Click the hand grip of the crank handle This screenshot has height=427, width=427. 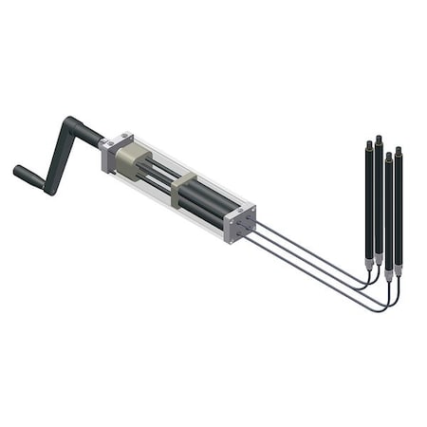28,175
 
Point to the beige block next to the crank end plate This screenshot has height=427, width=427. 135,162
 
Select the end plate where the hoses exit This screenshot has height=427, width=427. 240,222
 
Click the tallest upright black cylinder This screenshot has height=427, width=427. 378,195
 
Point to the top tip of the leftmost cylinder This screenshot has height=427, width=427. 368,143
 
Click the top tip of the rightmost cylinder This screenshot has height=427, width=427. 399,150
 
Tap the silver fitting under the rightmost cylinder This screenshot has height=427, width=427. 399,270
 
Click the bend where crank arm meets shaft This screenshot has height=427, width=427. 71,124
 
